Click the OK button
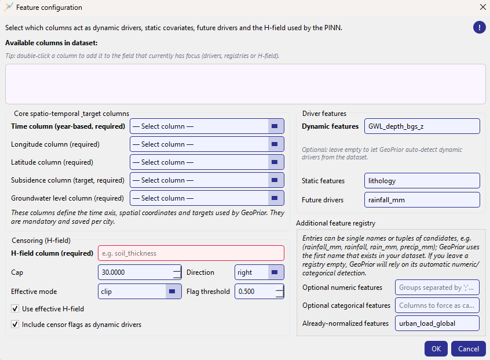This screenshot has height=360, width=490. pyautogui.click(x=436, y=348)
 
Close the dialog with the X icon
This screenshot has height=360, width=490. pyautogui.click(x=482, y=8)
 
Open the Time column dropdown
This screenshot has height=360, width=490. pyautogui.click(x=207, y=126)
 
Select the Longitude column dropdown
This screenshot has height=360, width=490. pyautogui.click(x=207, y=144)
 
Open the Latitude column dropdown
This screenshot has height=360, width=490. pyautogui.click(x=207, y=162)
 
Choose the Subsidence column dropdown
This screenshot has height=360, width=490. pyautogui.click(x=207, y=180)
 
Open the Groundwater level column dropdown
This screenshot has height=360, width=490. pyautogui.click(x=207, y=198)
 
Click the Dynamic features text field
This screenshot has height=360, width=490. pyautogui.click(x=422, y=126)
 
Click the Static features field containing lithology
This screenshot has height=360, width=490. pyautogui.click(x=422, y=181)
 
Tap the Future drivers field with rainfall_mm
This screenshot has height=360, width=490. pyautogui.click(x=422, y=200)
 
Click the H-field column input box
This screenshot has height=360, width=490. pyautogui.click(x=191, y=253)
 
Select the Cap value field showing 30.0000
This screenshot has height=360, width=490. pyautogui.click(x=136, y=272)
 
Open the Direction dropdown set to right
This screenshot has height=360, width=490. pyautogui.click(x=259, y=272)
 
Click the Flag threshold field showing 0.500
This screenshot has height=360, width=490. pyautogui.click(x=255, y=292)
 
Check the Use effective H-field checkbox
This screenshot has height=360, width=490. pyautogui.click(x=15, y=309)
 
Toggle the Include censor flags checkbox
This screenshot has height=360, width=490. pyautogui.click(x=15, y=325)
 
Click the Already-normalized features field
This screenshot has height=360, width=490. pyautogui.click(x=437, y=323)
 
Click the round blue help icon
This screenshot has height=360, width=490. pyautogui.click(x=479, y=27)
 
